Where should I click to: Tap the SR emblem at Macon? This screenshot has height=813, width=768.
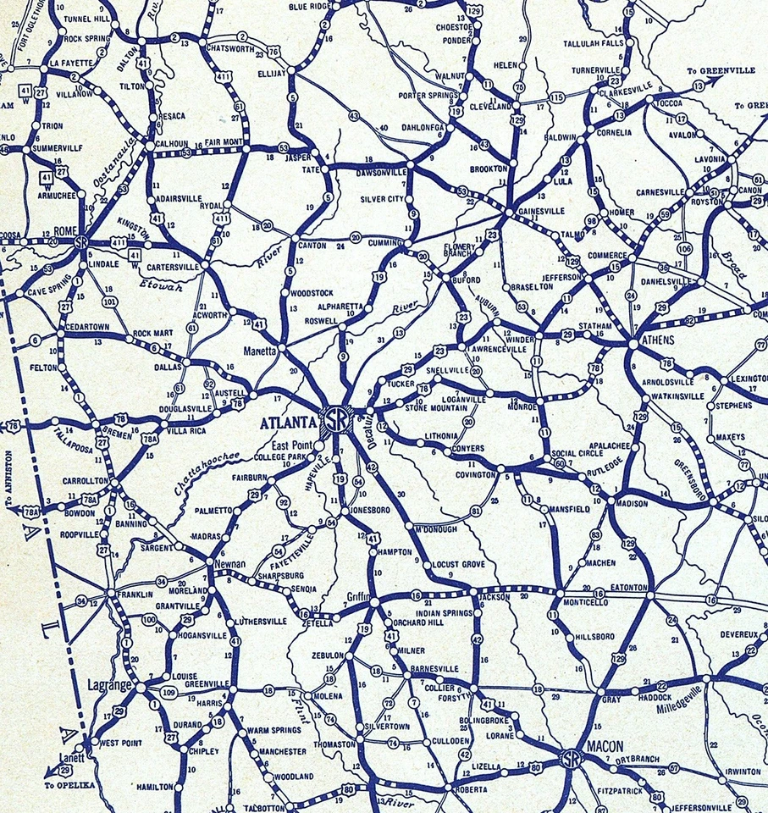(x=573, y=758)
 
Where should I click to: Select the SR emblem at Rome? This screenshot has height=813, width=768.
(x=81, y=242)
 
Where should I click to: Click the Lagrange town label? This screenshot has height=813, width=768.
(x=111, y=684)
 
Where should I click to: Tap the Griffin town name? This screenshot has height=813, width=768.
(x=357, y=596)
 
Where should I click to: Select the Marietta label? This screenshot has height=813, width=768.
(x=261, y=350)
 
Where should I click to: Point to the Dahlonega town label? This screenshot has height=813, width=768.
(x=421, y=128)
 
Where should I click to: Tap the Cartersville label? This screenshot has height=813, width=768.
(x=172, y=266)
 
